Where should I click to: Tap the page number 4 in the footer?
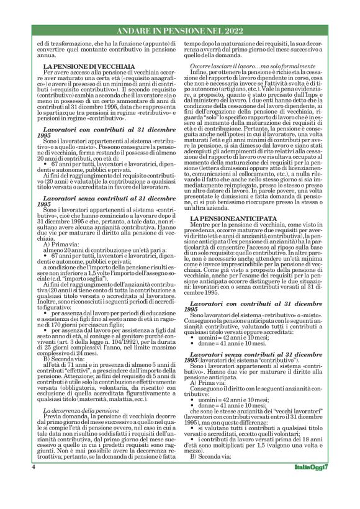pos(33,484)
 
